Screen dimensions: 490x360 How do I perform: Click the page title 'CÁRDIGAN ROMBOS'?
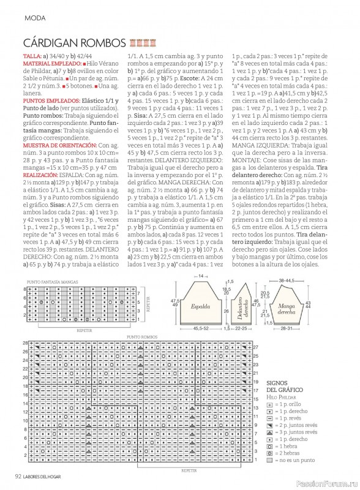tap(74, 43)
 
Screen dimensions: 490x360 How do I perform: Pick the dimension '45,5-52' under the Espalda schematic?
tap(200, 329)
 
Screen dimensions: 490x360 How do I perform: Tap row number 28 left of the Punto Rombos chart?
tap(25, 343)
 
